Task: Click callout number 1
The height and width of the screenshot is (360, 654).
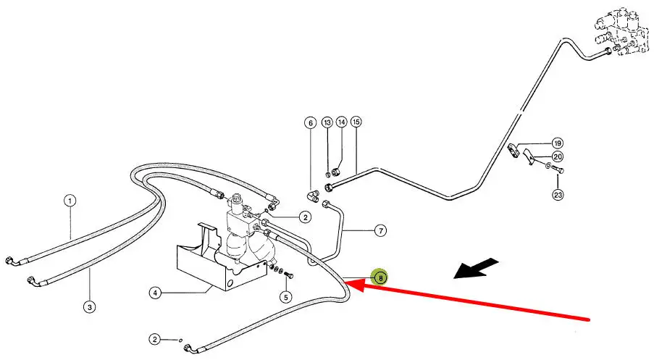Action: coord(70,201)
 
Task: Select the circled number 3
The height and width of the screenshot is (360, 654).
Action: coord(89,306)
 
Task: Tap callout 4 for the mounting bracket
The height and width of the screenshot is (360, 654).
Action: coord(155,293)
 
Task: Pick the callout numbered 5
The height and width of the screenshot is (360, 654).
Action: coord(286,296)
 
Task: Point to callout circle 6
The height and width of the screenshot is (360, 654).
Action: coord(311,123)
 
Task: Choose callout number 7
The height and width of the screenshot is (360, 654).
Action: coord(380,231)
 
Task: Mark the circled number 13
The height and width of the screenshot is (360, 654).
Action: coord(327,123)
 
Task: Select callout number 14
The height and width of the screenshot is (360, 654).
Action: coord(341,123)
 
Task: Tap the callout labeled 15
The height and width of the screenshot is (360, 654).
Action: coord(356,123)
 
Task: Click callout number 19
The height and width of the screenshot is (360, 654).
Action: coord(557,143)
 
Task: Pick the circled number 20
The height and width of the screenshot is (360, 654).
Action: coord(557,156)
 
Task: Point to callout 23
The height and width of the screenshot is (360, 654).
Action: coord(558,194)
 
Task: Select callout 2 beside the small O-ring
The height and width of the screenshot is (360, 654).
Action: coord(155,338)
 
